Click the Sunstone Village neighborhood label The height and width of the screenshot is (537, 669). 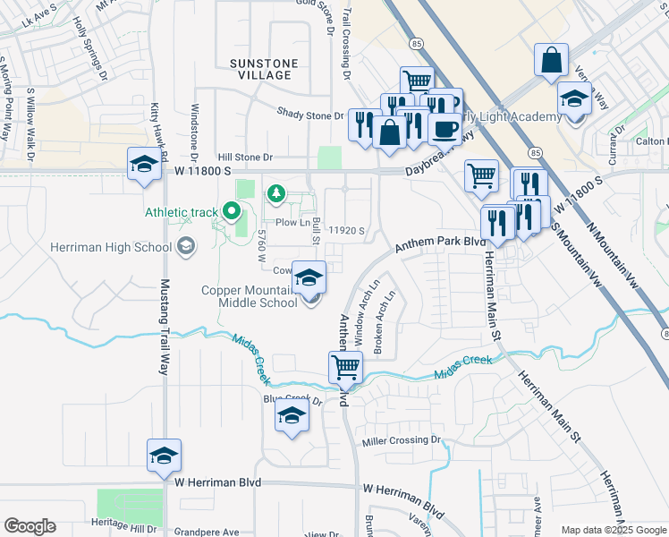[x=260, y=69]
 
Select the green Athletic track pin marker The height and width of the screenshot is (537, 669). [x=232, y=212]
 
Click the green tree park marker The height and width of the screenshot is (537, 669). [x=276, y=192]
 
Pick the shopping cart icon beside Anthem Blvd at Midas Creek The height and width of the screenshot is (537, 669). [x=345, y=366]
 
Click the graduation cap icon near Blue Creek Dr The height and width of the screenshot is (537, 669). [x=292, y=414]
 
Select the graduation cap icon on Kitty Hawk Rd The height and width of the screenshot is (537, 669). [x=143, y=164]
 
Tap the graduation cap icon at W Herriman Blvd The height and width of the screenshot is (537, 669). [x=165, y=456]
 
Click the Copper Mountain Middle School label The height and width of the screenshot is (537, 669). [x=249, y=296]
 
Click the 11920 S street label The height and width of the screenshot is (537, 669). [x=346, y=230]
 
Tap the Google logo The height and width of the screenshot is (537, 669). [x=30, y=526]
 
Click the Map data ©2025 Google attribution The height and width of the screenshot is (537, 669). [x=613, y=529]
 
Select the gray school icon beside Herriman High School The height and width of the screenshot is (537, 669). [x=186, y=246]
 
